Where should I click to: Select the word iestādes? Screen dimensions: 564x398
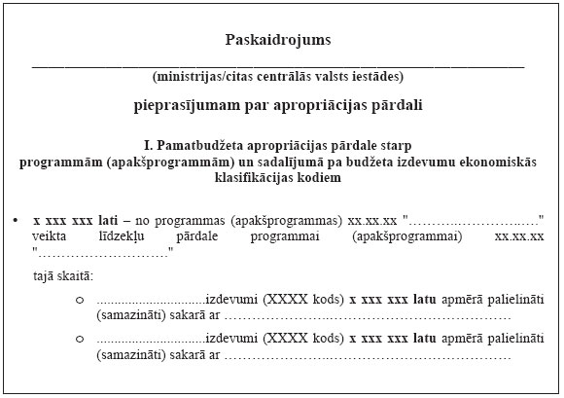click(x=372, y=76)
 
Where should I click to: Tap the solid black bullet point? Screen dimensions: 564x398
click(x=17, y=221)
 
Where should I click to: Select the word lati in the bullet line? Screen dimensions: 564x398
click(x=107, y=221)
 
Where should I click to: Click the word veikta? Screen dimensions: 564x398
click(x=50, y=236)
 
